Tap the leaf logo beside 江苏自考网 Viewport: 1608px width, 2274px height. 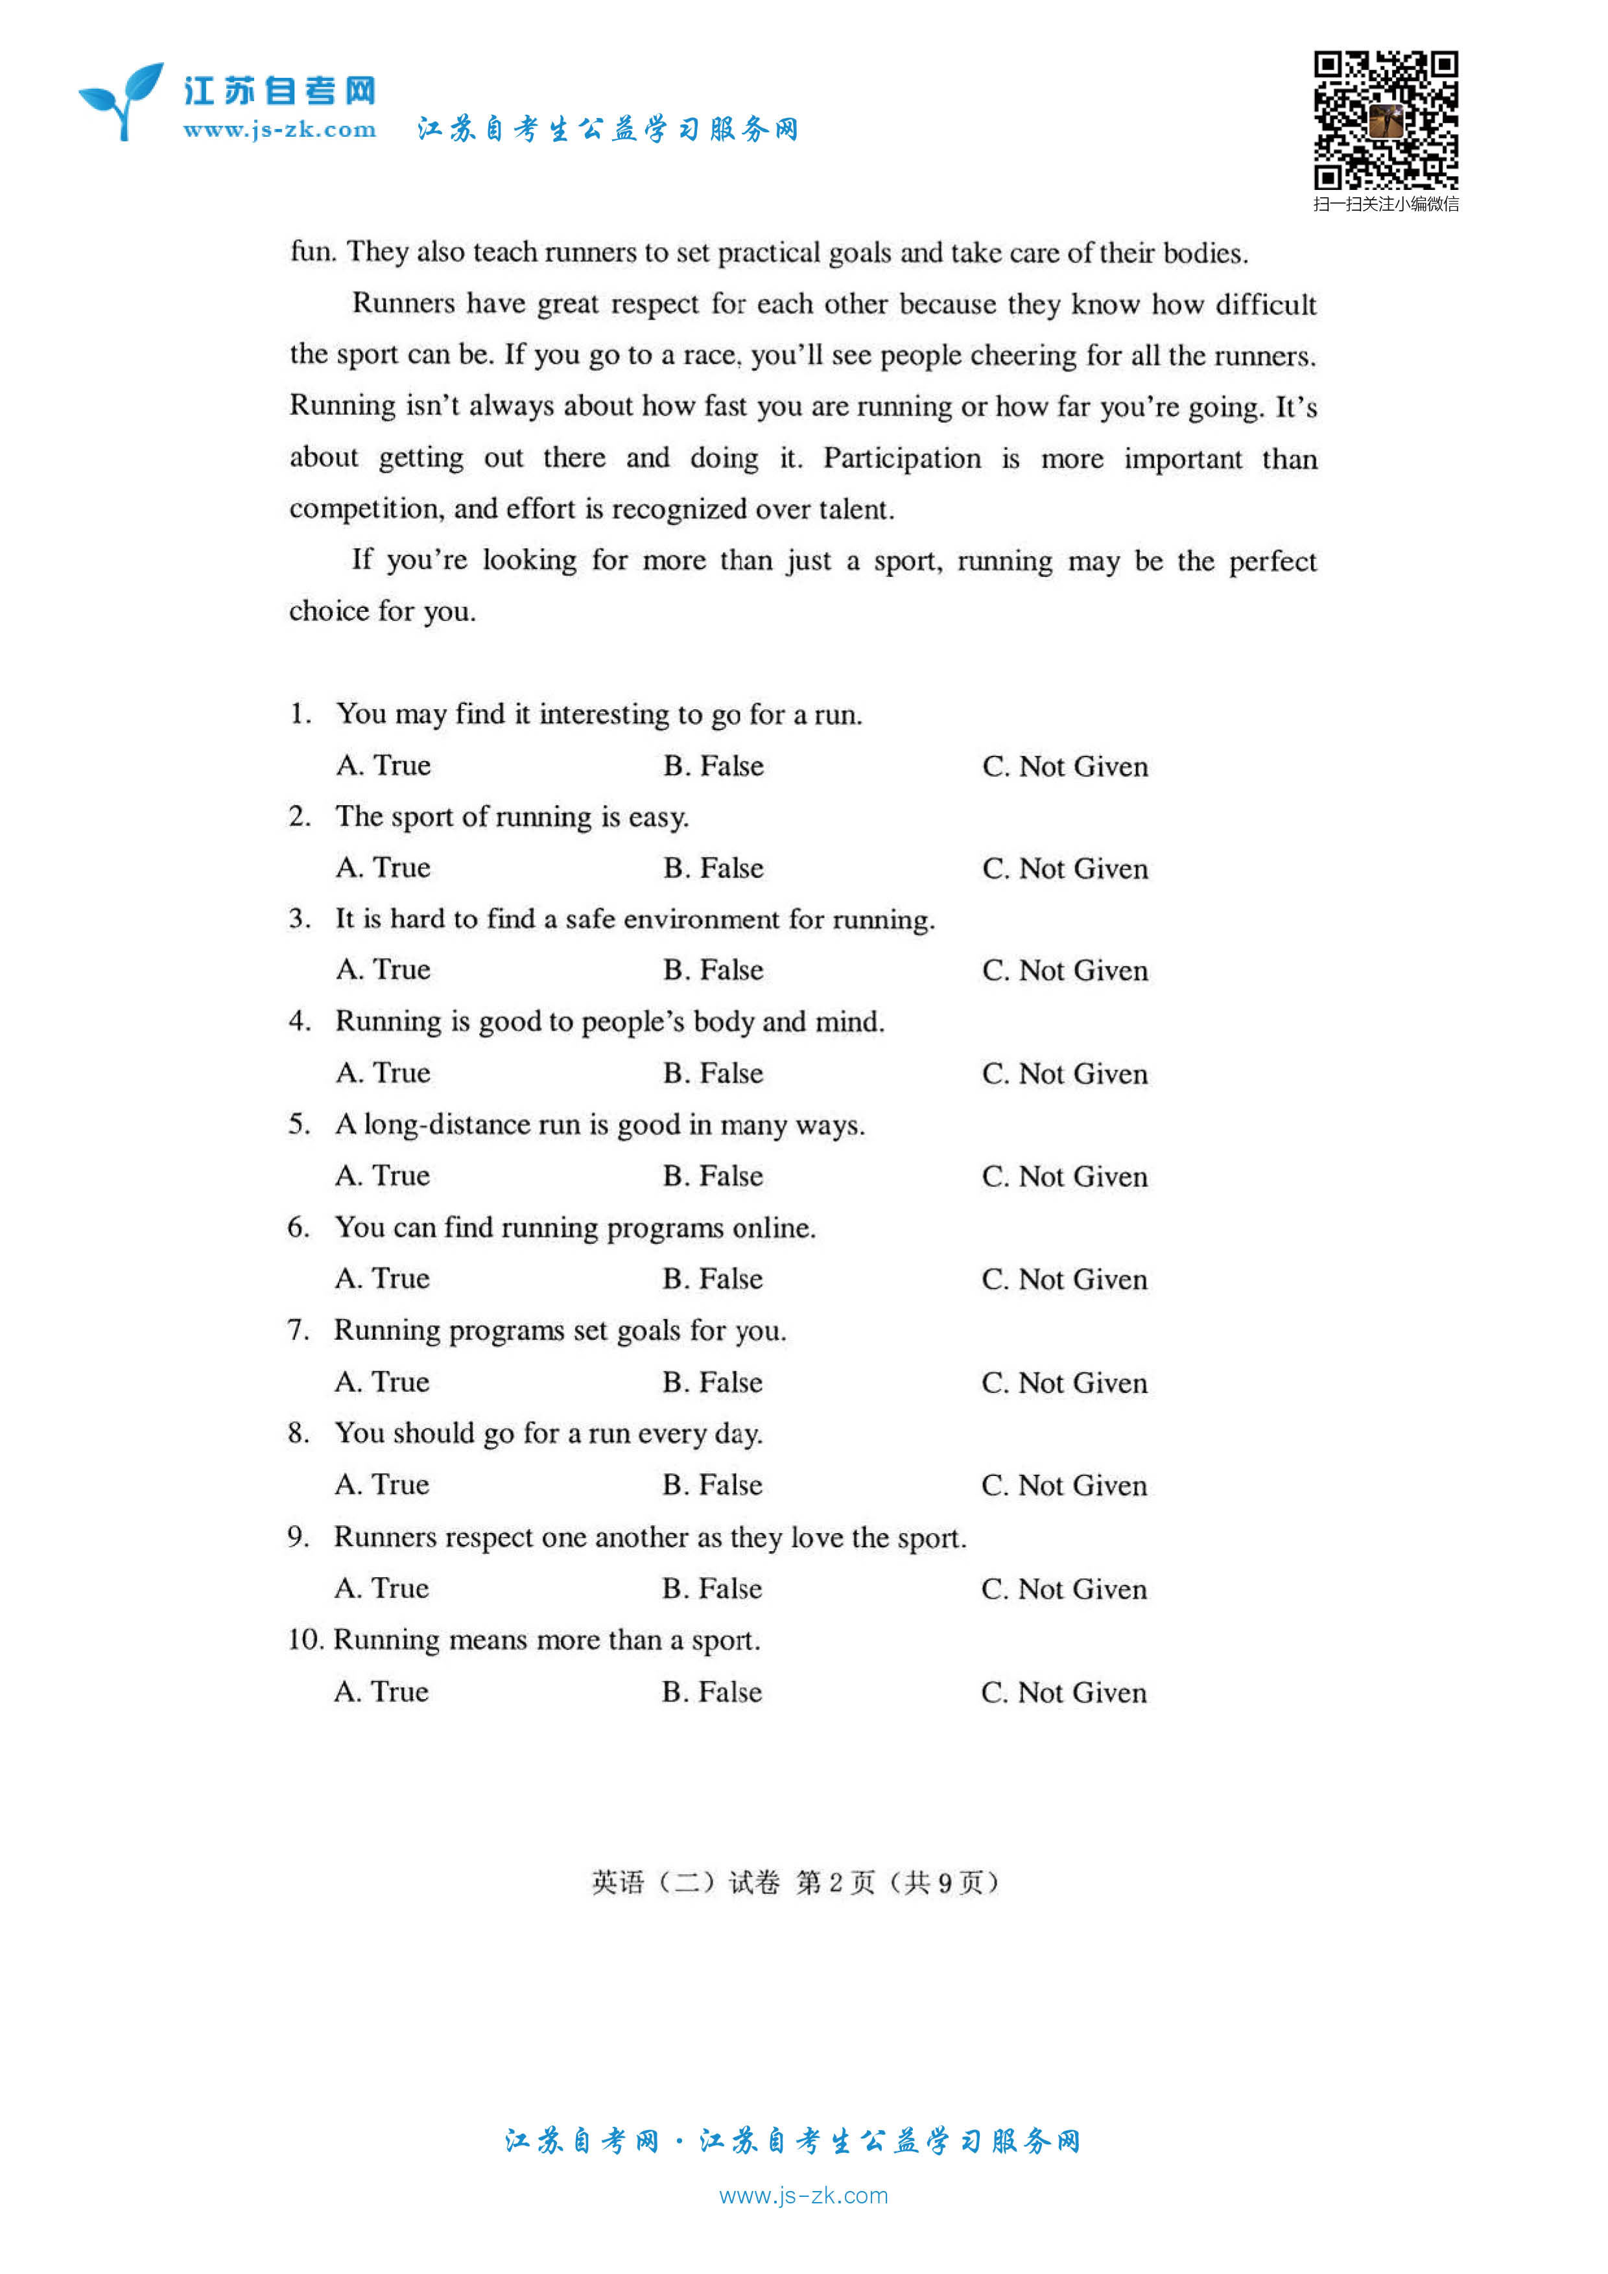pos(122,100)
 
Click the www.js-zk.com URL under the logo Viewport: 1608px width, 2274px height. pos(279,130)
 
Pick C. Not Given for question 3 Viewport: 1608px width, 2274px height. pos(1065,970)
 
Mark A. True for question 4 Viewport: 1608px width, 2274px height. pos(383,1073)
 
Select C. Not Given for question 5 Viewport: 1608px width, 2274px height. pos(1065,1177)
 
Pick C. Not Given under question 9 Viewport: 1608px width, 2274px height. pos(1064,1589)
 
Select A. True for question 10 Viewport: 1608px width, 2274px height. pos(381,1692)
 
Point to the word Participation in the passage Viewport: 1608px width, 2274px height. pos(902,458)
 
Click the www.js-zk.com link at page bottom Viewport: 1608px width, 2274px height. pos(803,2196)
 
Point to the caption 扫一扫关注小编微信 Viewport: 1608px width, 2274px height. pos(1385,205)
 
